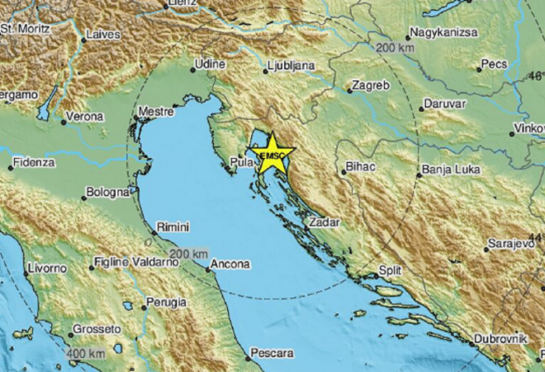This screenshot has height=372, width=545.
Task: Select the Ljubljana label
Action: [x=291, y=64]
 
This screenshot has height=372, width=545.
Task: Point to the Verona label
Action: [x=86, y=117]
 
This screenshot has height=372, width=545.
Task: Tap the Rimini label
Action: [x=175, y=227]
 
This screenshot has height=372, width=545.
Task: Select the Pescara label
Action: [x=273, y=354]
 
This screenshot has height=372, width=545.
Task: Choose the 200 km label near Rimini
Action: [x=188, y=253]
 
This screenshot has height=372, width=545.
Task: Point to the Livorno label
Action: [x=46, y=269]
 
